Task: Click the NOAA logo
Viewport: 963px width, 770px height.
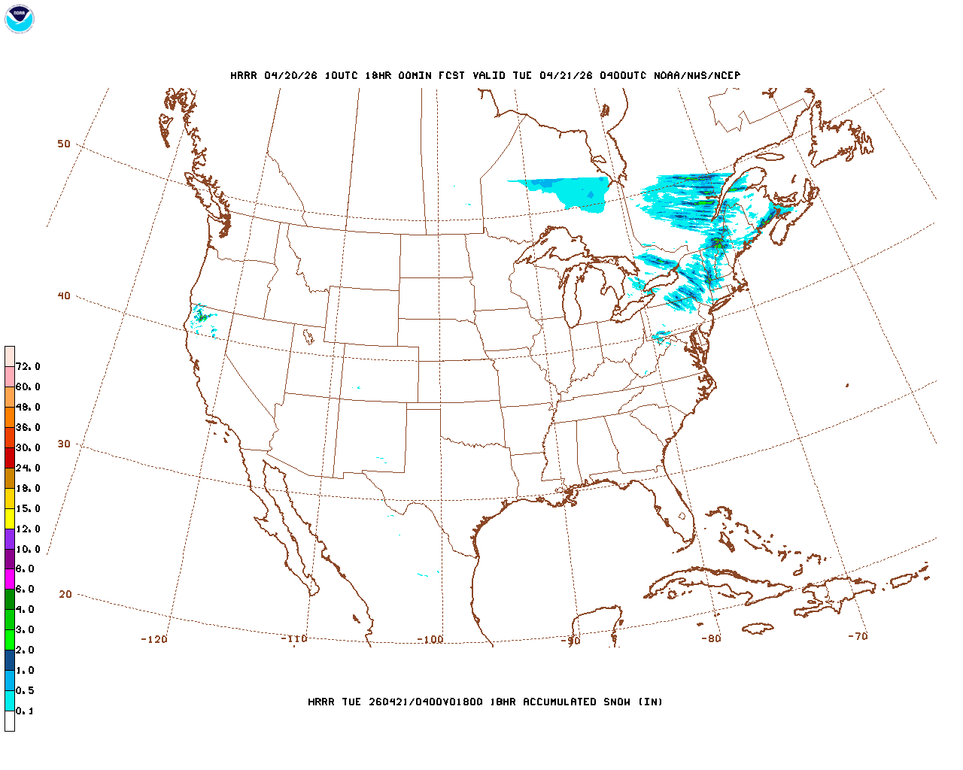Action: coord(19,19)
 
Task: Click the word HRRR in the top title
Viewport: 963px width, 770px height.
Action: coord(244,76)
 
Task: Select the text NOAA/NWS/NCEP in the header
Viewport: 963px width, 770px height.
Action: coord(697,76)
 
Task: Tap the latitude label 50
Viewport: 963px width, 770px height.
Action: coord(64,144)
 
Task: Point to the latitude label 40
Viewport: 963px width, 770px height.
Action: coord(64,296)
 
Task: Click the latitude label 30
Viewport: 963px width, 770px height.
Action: coord(64,444)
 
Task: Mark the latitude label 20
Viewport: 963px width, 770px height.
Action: coord(65,594)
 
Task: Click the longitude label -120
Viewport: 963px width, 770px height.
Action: coord(154,639)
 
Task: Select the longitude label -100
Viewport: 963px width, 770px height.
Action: coord(430,640)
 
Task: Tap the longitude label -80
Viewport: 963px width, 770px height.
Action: coord(711,638)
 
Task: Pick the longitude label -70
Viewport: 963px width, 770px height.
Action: coord(858,636)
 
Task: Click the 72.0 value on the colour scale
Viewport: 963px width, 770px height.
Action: coord(28,367)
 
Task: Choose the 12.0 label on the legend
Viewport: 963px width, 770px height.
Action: coord(28,529)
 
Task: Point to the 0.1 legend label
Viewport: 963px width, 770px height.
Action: coord(25,711)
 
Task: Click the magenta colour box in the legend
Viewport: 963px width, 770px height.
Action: coord(10,579)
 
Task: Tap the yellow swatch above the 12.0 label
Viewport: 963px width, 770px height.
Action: coord(10,518)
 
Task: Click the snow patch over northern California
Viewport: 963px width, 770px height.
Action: coord(201,317)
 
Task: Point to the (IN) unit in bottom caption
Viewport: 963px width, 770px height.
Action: coord(651,702)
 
